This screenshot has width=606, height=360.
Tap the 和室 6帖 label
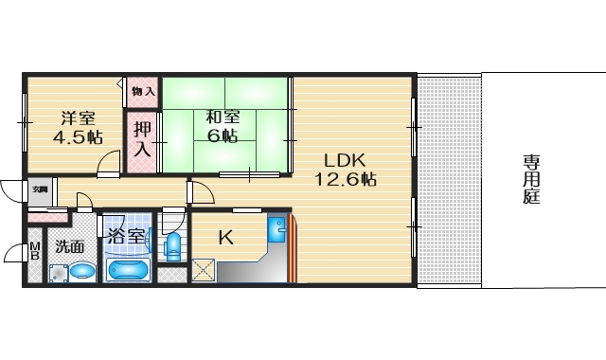tap(223, 127)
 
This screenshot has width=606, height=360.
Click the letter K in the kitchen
tap(225, 237)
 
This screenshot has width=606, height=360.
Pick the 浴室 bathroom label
tap(125, 236)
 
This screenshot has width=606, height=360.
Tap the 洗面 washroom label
tap(69, 246)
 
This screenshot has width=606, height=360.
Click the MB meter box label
tap(34, 253)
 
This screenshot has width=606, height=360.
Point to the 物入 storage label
tap(143, 93)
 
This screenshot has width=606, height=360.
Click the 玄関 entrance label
tap(40, 189)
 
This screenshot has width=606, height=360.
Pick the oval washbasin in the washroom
tap(82, 273)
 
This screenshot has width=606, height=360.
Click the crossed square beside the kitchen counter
tap(203, 269)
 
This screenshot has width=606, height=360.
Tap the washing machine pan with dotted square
tap(59, 274)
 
